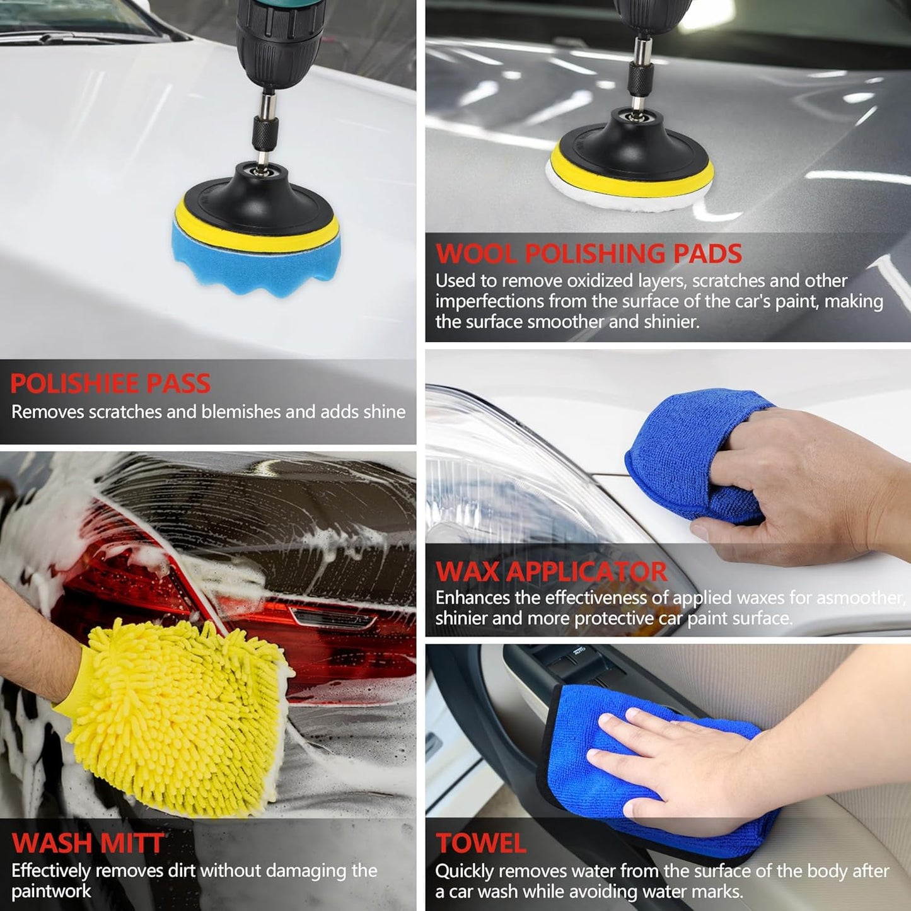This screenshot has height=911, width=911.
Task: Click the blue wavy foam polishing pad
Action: tap(255, 260)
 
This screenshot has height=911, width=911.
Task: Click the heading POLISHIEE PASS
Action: tap(110, 383)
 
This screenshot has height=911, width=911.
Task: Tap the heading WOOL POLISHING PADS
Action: tap(589, 253)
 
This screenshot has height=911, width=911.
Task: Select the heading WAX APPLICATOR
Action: tap(551, 572)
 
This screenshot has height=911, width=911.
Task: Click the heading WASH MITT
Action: tap(88, 842)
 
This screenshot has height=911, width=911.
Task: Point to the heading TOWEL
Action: tap(481, 842)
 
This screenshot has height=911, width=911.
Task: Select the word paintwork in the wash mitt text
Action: tap(51, 891)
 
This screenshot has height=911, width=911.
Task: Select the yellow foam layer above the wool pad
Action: tap(631, 175)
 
